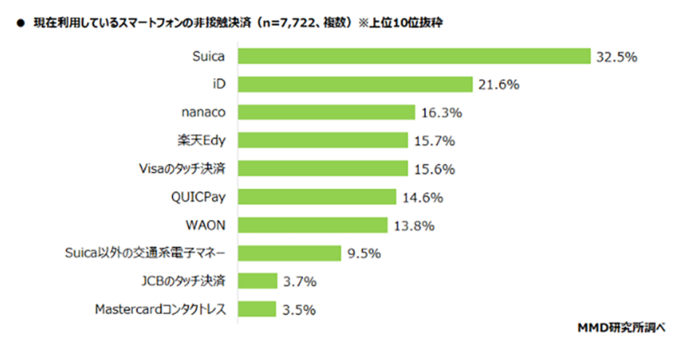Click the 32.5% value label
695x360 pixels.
(617, 57)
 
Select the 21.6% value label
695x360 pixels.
(497, 86)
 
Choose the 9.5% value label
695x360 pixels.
(364, 254)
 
